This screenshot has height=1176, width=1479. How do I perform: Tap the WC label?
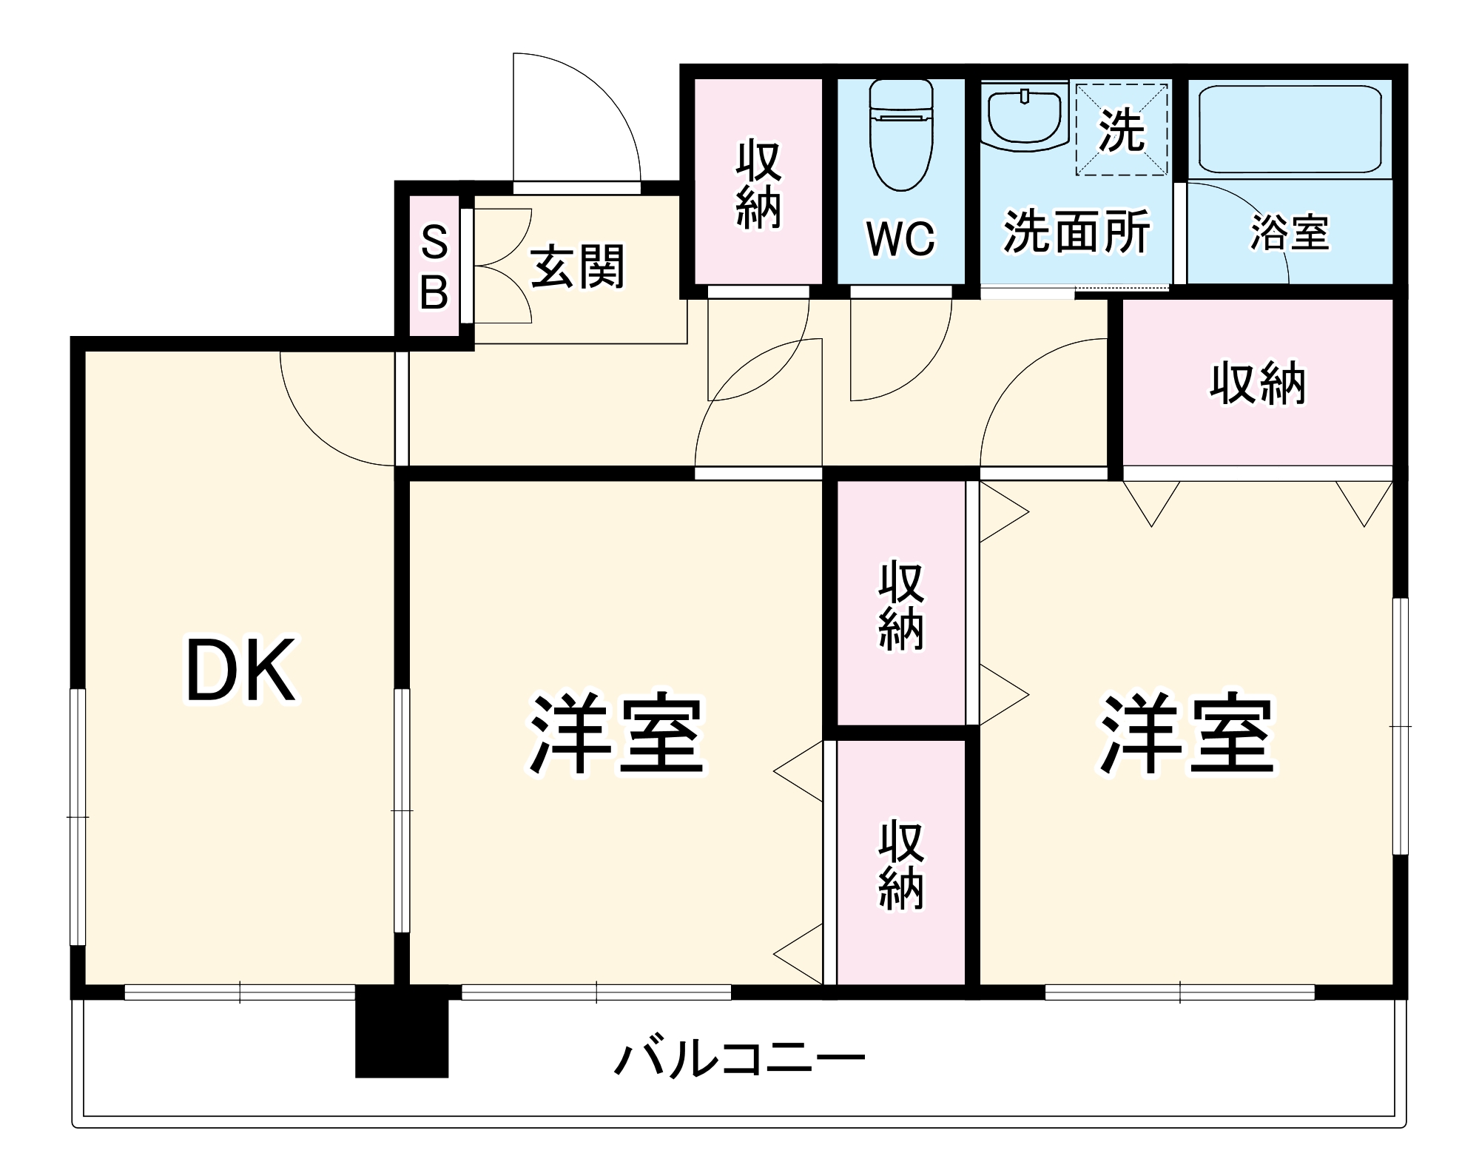(900, 238)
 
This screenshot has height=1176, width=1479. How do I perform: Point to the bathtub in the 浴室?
(1290, 130)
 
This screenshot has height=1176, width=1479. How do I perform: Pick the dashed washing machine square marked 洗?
(1121, 130)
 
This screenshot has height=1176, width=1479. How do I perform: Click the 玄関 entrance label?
(578, 266)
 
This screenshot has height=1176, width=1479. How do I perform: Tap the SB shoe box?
(434, 267)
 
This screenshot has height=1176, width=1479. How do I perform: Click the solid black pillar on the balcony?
(402, 1032)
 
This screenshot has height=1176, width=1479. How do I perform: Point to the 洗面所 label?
(1077, 232)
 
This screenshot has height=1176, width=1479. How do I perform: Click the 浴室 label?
(1290, 232)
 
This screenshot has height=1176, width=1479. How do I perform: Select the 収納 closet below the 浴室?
(1257, 383)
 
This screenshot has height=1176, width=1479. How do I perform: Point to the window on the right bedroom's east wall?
(1400, 725)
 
